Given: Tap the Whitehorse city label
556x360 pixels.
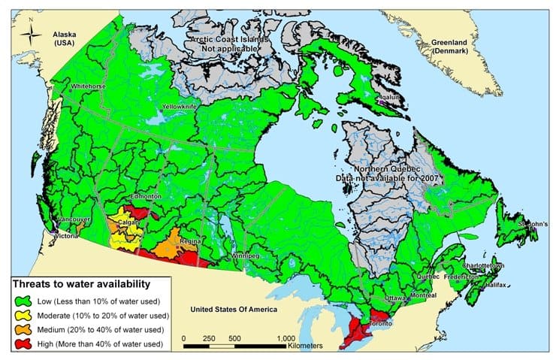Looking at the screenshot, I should point(87,87).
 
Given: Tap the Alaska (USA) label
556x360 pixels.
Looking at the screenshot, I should point(66,40).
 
